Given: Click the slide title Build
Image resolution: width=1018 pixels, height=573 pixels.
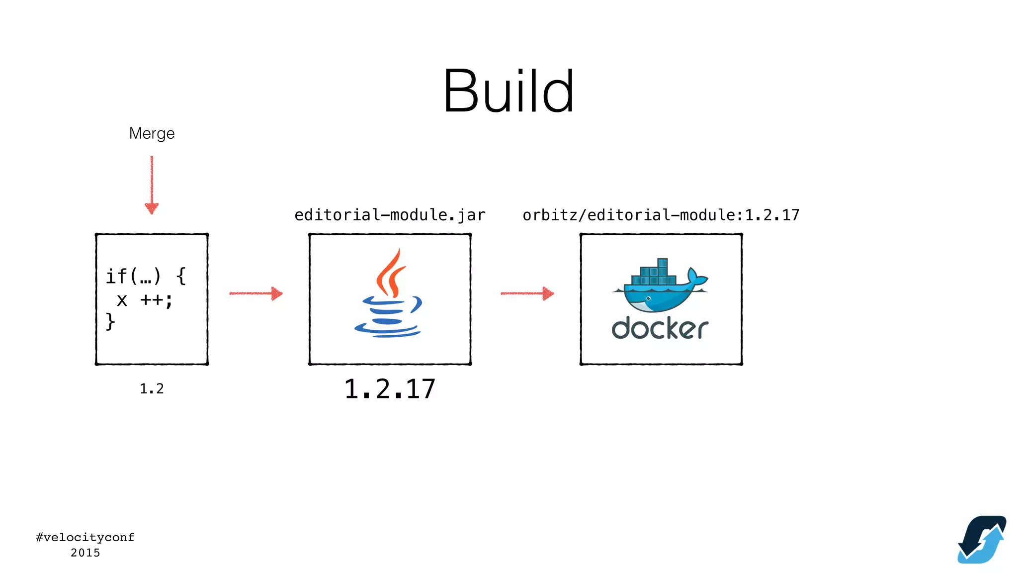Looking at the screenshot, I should point(509,92).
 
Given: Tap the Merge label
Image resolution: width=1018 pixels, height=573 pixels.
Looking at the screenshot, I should point(152,133).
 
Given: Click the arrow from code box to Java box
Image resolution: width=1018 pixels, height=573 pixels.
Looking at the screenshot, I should point(256,293).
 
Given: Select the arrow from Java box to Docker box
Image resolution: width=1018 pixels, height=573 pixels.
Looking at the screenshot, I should point(527,293).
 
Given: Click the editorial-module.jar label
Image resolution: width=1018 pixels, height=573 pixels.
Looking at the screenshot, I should point(390,215).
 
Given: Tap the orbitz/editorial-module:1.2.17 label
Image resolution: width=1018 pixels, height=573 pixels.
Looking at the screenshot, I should point(661,215).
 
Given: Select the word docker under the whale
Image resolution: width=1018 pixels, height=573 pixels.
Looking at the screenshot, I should point(660,329).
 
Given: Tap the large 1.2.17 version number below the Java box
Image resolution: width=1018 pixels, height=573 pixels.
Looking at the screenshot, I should point(390,389).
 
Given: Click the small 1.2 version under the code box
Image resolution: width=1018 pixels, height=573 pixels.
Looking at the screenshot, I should point(152,388).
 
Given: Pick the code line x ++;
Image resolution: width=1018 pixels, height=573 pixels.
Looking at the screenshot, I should point(144,300).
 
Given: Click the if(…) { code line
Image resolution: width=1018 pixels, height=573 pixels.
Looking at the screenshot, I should point(146,276).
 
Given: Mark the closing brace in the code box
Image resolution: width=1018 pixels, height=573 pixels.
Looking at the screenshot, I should point(110,321).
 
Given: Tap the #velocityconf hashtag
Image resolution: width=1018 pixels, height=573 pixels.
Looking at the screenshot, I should point(85,537).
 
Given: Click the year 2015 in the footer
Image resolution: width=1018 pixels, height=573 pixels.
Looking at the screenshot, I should point(85,553).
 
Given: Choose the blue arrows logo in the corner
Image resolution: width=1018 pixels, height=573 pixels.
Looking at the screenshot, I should point(982,540).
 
